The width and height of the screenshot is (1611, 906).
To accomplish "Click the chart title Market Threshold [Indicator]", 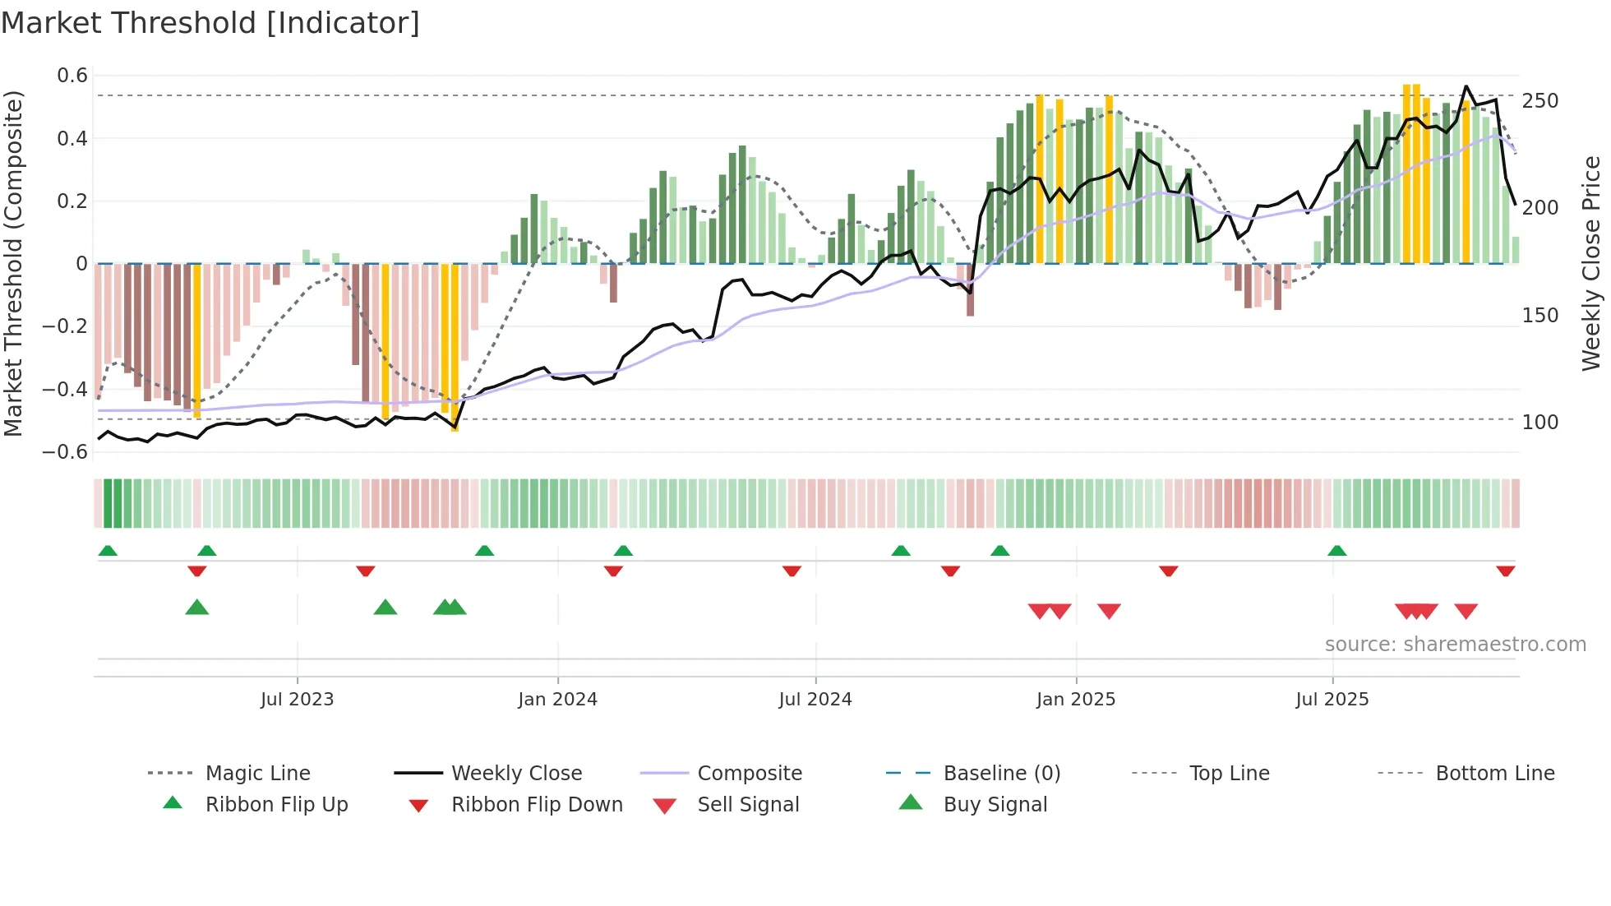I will click(210, 23).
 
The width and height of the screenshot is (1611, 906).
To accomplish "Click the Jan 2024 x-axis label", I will click(557, 700).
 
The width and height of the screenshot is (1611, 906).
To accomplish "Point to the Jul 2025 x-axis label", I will click(1332, 700).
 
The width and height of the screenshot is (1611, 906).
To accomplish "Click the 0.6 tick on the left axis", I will click(72, 76).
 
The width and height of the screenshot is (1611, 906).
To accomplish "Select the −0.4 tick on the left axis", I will click(66, 389).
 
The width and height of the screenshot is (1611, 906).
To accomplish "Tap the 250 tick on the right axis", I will click(1539, 101).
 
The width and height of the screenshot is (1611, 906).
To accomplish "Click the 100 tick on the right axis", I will click(1539, 423).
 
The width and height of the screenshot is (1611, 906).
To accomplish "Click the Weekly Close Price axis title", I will click(1591, 263).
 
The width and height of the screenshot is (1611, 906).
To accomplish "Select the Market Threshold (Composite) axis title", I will click(13, 263).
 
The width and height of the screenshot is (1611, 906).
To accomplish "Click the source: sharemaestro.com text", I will click(1455, 645).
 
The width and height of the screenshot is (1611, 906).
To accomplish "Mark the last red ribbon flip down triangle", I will click(1505, 571).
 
